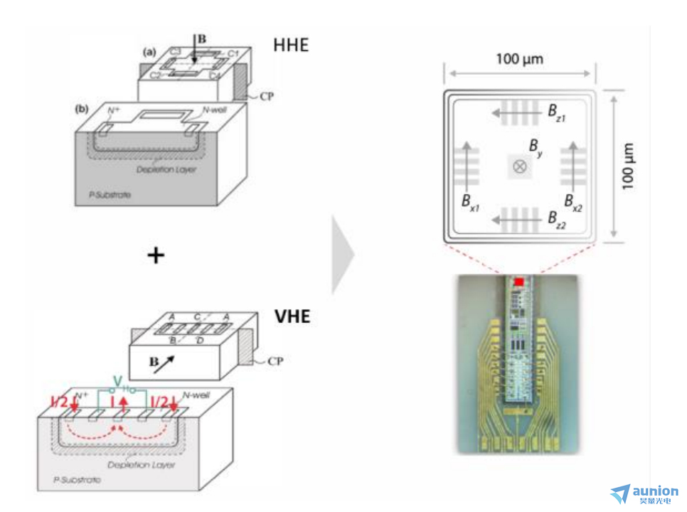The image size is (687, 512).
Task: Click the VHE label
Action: point(292,315)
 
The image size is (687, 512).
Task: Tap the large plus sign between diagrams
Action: point(155,255)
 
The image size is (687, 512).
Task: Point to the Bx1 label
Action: point(469,203)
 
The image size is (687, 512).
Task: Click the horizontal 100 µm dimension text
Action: point(519,58)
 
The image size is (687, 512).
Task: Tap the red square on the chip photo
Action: point(518,282)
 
